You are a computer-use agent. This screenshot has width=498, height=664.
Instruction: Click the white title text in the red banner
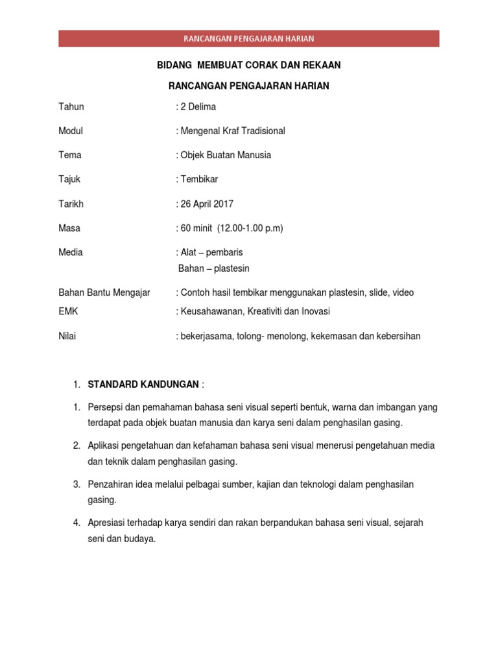click(x=249, y=38)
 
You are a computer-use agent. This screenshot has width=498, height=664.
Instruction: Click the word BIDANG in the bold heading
click(x=174, y=65)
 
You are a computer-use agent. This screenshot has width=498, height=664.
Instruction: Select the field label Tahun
click(x=71, y=106)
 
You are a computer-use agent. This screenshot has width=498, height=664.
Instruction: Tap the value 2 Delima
click(x=198, y=106)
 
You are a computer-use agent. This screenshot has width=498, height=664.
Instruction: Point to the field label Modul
click(x=71, y=131)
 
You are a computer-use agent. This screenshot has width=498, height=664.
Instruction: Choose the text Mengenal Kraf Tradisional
click(x=232, y=131)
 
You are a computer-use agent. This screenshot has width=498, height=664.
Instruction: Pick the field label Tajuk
click(x=69, y=179)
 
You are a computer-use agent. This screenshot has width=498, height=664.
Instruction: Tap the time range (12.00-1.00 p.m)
click(x=252, y=228)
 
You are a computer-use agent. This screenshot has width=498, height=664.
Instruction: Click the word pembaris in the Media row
click(x=224, y=252)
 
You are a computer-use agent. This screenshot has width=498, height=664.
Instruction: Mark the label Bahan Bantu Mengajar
click(x=104, y=292)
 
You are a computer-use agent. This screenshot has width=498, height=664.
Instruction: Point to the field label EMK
click(x=68, y=311)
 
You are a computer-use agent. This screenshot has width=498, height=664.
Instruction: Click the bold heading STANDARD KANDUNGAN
click(x=143, y=385)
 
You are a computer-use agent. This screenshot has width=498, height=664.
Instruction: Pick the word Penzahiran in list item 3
click(x=110, y=484)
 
